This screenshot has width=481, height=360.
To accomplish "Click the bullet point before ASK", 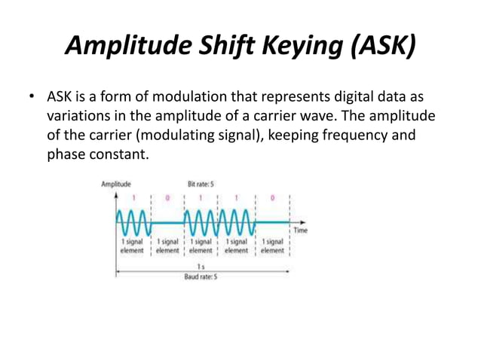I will tap(32, 99).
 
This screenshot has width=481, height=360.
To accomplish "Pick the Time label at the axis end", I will tap(301, 230).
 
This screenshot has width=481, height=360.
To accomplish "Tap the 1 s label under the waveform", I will tap(201, 267).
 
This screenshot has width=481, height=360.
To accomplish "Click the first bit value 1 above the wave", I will tap(133, 197).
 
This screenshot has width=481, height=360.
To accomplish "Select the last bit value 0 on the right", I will tap(272, 197).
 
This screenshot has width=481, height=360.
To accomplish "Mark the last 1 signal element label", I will tap(272, 246).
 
